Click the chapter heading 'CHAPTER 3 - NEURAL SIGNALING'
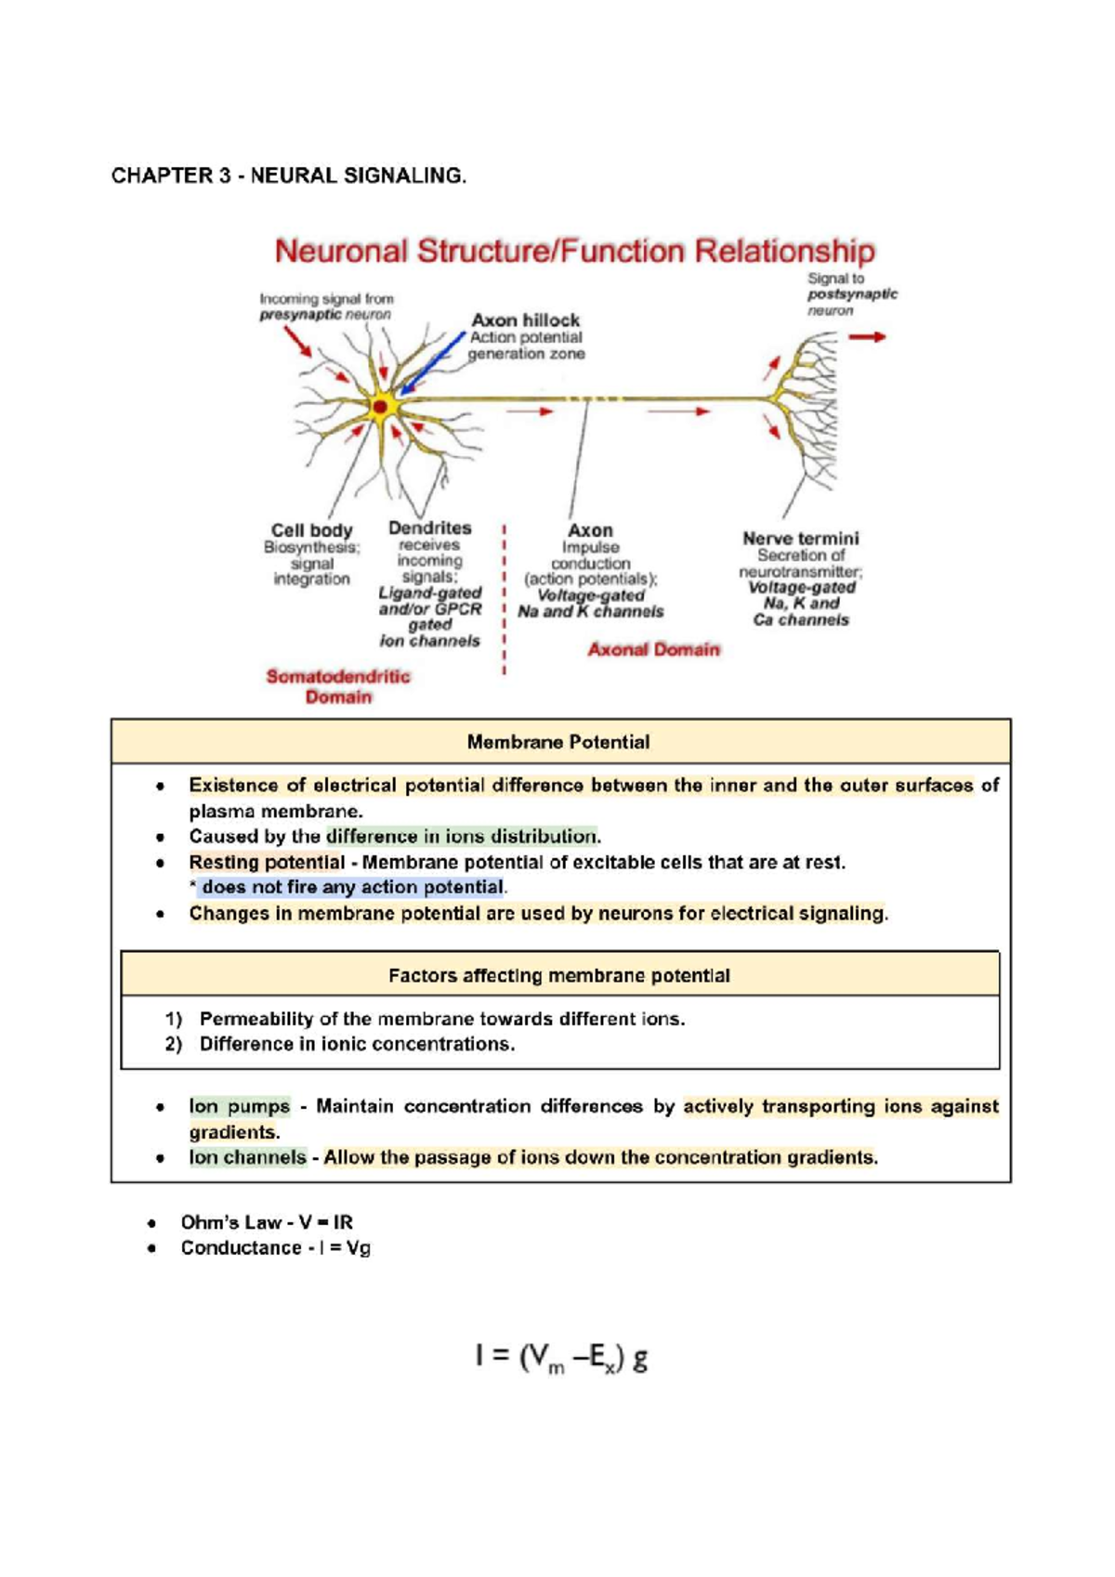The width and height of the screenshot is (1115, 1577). (288, 176)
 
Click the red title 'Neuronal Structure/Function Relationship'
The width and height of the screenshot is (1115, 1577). (574, 252)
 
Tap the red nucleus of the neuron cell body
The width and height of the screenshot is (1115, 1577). (380, 407)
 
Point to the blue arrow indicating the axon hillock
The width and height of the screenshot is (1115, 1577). (434, 363)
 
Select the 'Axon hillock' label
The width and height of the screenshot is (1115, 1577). (525, 319)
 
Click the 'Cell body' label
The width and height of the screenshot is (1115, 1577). (311, 530)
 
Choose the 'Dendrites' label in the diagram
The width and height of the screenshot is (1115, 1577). (429, 528)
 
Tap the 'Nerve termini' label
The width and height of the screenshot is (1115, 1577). (800, 538)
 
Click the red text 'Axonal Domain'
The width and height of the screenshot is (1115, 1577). (653, 649)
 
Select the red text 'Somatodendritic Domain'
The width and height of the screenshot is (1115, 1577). (338, 686)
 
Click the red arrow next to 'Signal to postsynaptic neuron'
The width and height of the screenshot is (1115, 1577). (867, 337)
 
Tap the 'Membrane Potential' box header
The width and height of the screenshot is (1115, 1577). (558, 742)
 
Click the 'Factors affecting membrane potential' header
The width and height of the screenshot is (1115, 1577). (558, 975)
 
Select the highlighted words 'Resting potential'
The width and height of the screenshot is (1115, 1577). (267, 862)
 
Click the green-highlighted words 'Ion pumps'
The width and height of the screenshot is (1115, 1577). (239, 1106)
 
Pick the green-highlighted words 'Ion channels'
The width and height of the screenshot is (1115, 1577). (247, 1157)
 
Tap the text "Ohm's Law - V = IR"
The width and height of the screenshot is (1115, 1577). (267, 1222)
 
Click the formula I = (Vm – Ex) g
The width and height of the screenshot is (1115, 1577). (561, 1359)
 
